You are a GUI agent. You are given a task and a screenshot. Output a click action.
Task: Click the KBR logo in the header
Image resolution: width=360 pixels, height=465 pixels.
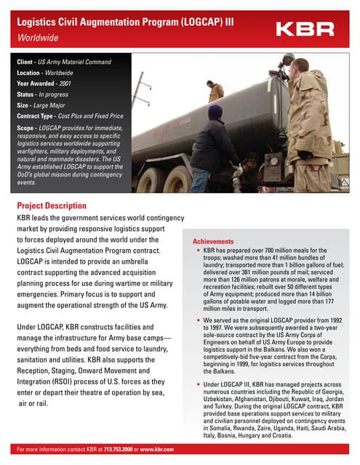[305, 29]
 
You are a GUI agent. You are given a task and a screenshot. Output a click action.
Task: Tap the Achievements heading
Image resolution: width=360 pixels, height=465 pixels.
[213, 241]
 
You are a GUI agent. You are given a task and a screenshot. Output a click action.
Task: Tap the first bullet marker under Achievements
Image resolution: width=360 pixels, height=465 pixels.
[198, 250]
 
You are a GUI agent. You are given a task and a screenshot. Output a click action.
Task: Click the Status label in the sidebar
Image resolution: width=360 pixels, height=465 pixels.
[27, 94]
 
